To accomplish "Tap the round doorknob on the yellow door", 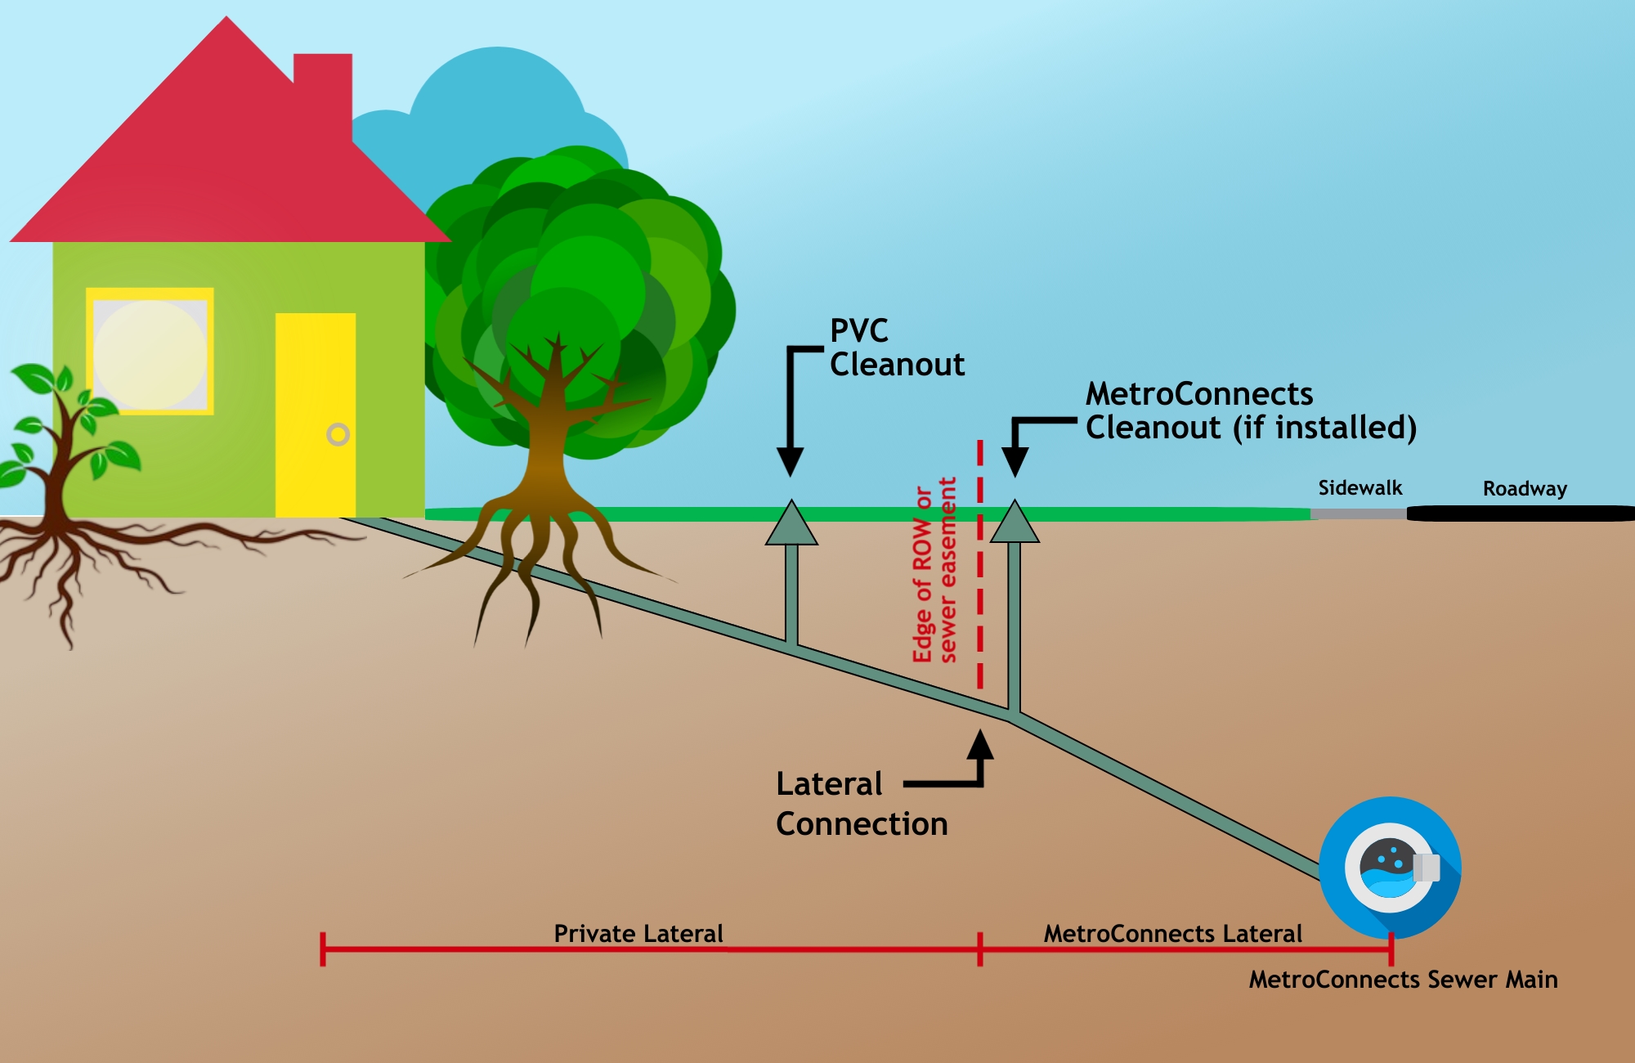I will click(338, 434).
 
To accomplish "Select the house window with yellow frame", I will click(150, 352).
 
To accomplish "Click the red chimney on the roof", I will click(323, 90).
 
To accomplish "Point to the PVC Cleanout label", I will click(896, 348).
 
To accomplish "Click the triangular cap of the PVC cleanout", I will click(791, 525).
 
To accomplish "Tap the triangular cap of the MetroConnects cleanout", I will click(1015, 524).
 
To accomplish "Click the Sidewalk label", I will click(1360, 488).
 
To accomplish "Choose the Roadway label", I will click(1525, 489).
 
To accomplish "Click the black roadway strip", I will click(1521, 514).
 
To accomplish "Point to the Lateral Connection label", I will click(861, 804).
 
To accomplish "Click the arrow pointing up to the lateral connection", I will click(979, 746).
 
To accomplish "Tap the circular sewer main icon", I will click(1390, 868).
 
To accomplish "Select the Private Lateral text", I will click(638, 934).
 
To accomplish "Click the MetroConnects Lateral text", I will click(1172, 934).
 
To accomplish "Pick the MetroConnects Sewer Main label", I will click(1403, 980).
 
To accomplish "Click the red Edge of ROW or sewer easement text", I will click(934, 571).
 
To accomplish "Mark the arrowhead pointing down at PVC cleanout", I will click(790, 462).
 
